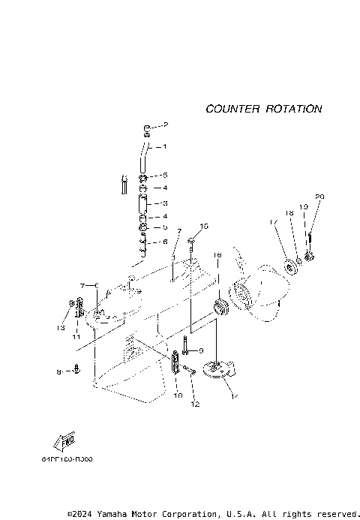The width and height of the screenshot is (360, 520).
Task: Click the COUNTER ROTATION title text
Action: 264,109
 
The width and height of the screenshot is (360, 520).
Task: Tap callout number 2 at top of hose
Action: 166,125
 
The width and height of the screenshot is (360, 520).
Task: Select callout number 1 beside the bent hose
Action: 165,146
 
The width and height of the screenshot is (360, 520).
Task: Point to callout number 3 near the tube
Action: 165,203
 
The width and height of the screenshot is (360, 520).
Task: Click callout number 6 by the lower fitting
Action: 165,242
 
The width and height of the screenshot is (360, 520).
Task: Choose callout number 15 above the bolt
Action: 203,226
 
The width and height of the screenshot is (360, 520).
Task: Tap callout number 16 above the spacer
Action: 217,256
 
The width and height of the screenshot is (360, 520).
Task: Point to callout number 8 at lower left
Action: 59,371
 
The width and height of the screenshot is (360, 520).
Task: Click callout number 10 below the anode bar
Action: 178,394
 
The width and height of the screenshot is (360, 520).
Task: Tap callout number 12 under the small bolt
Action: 195,404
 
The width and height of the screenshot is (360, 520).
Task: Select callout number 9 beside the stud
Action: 201,350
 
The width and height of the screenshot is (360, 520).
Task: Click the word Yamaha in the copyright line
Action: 117,514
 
